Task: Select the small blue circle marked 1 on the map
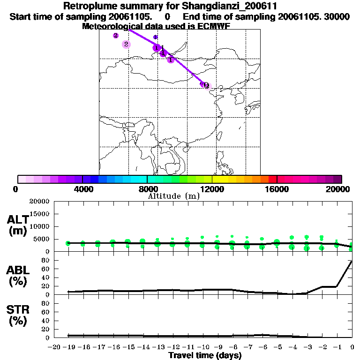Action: pos(156,37)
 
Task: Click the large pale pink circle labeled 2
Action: pos(126,44)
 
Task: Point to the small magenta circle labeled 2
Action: pos(116,36)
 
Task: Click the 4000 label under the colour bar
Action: pos(82,189)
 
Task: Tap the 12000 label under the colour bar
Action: pos(212,189)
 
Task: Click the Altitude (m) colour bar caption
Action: pos(173,196)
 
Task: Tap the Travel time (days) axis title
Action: pos(205,356)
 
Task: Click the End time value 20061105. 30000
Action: pos(305,16)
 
